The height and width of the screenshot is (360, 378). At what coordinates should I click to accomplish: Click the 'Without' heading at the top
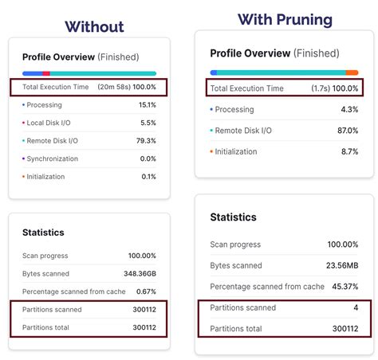(94, 26)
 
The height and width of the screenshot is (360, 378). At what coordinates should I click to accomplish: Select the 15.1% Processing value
(148, 104)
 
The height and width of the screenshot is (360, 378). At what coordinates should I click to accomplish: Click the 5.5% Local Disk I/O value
(149, 123)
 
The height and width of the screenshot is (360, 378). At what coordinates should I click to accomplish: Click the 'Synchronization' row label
(53, 158)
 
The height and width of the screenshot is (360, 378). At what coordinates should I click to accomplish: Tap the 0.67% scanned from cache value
(146, 292)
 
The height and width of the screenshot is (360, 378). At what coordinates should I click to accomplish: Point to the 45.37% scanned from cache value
(340, 286)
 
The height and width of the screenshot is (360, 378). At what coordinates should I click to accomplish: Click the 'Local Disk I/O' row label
(50, 123)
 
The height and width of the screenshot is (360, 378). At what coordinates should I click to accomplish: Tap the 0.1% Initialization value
(148, 177)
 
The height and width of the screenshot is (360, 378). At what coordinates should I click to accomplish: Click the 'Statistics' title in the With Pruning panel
(233, 217)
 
